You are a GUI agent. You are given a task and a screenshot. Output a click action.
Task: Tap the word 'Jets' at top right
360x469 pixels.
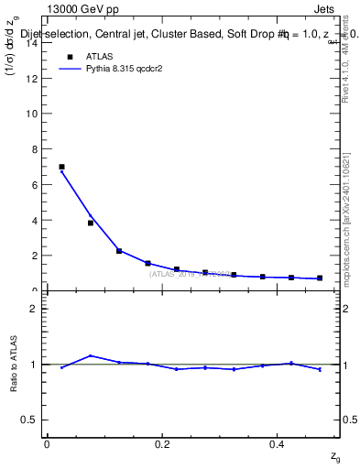[325, 9]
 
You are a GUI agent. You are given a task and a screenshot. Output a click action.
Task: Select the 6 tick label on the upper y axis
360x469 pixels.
[34, 185]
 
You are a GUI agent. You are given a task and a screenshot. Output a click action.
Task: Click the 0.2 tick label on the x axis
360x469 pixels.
[162, 443]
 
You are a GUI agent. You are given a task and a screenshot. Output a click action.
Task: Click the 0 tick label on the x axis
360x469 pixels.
[47, 443]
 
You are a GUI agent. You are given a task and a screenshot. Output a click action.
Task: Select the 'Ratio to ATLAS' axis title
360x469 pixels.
[13, 365]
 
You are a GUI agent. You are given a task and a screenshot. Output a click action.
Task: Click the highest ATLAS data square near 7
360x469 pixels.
[61, 167]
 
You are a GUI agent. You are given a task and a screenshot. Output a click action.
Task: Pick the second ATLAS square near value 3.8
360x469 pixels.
[91, 223]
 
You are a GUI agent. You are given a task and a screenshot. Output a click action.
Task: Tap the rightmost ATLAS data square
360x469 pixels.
[320, 278]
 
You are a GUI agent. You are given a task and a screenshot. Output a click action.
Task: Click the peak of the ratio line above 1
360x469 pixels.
[90, 355]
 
